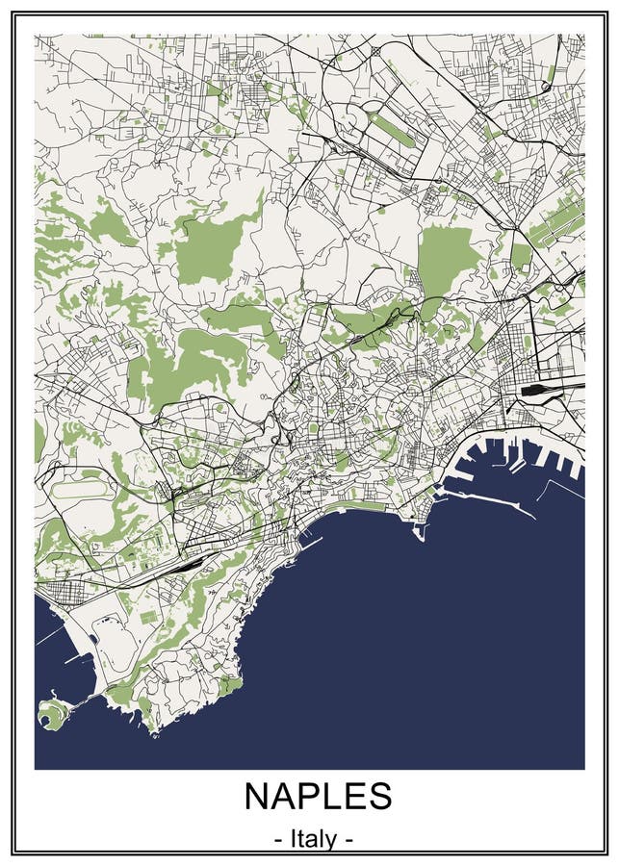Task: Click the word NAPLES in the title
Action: click(318, 797)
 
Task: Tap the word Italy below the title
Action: click(313, 839)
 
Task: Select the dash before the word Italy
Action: click(277, 840)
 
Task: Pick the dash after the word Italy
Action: click(348, 840)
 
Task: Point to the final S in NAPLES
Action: click(379, 797)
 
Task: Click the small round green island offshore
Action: click(50, 714)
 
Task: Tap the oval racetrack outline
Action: click(81, 491)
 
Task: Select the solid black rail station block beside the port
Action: click(535, 391)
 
